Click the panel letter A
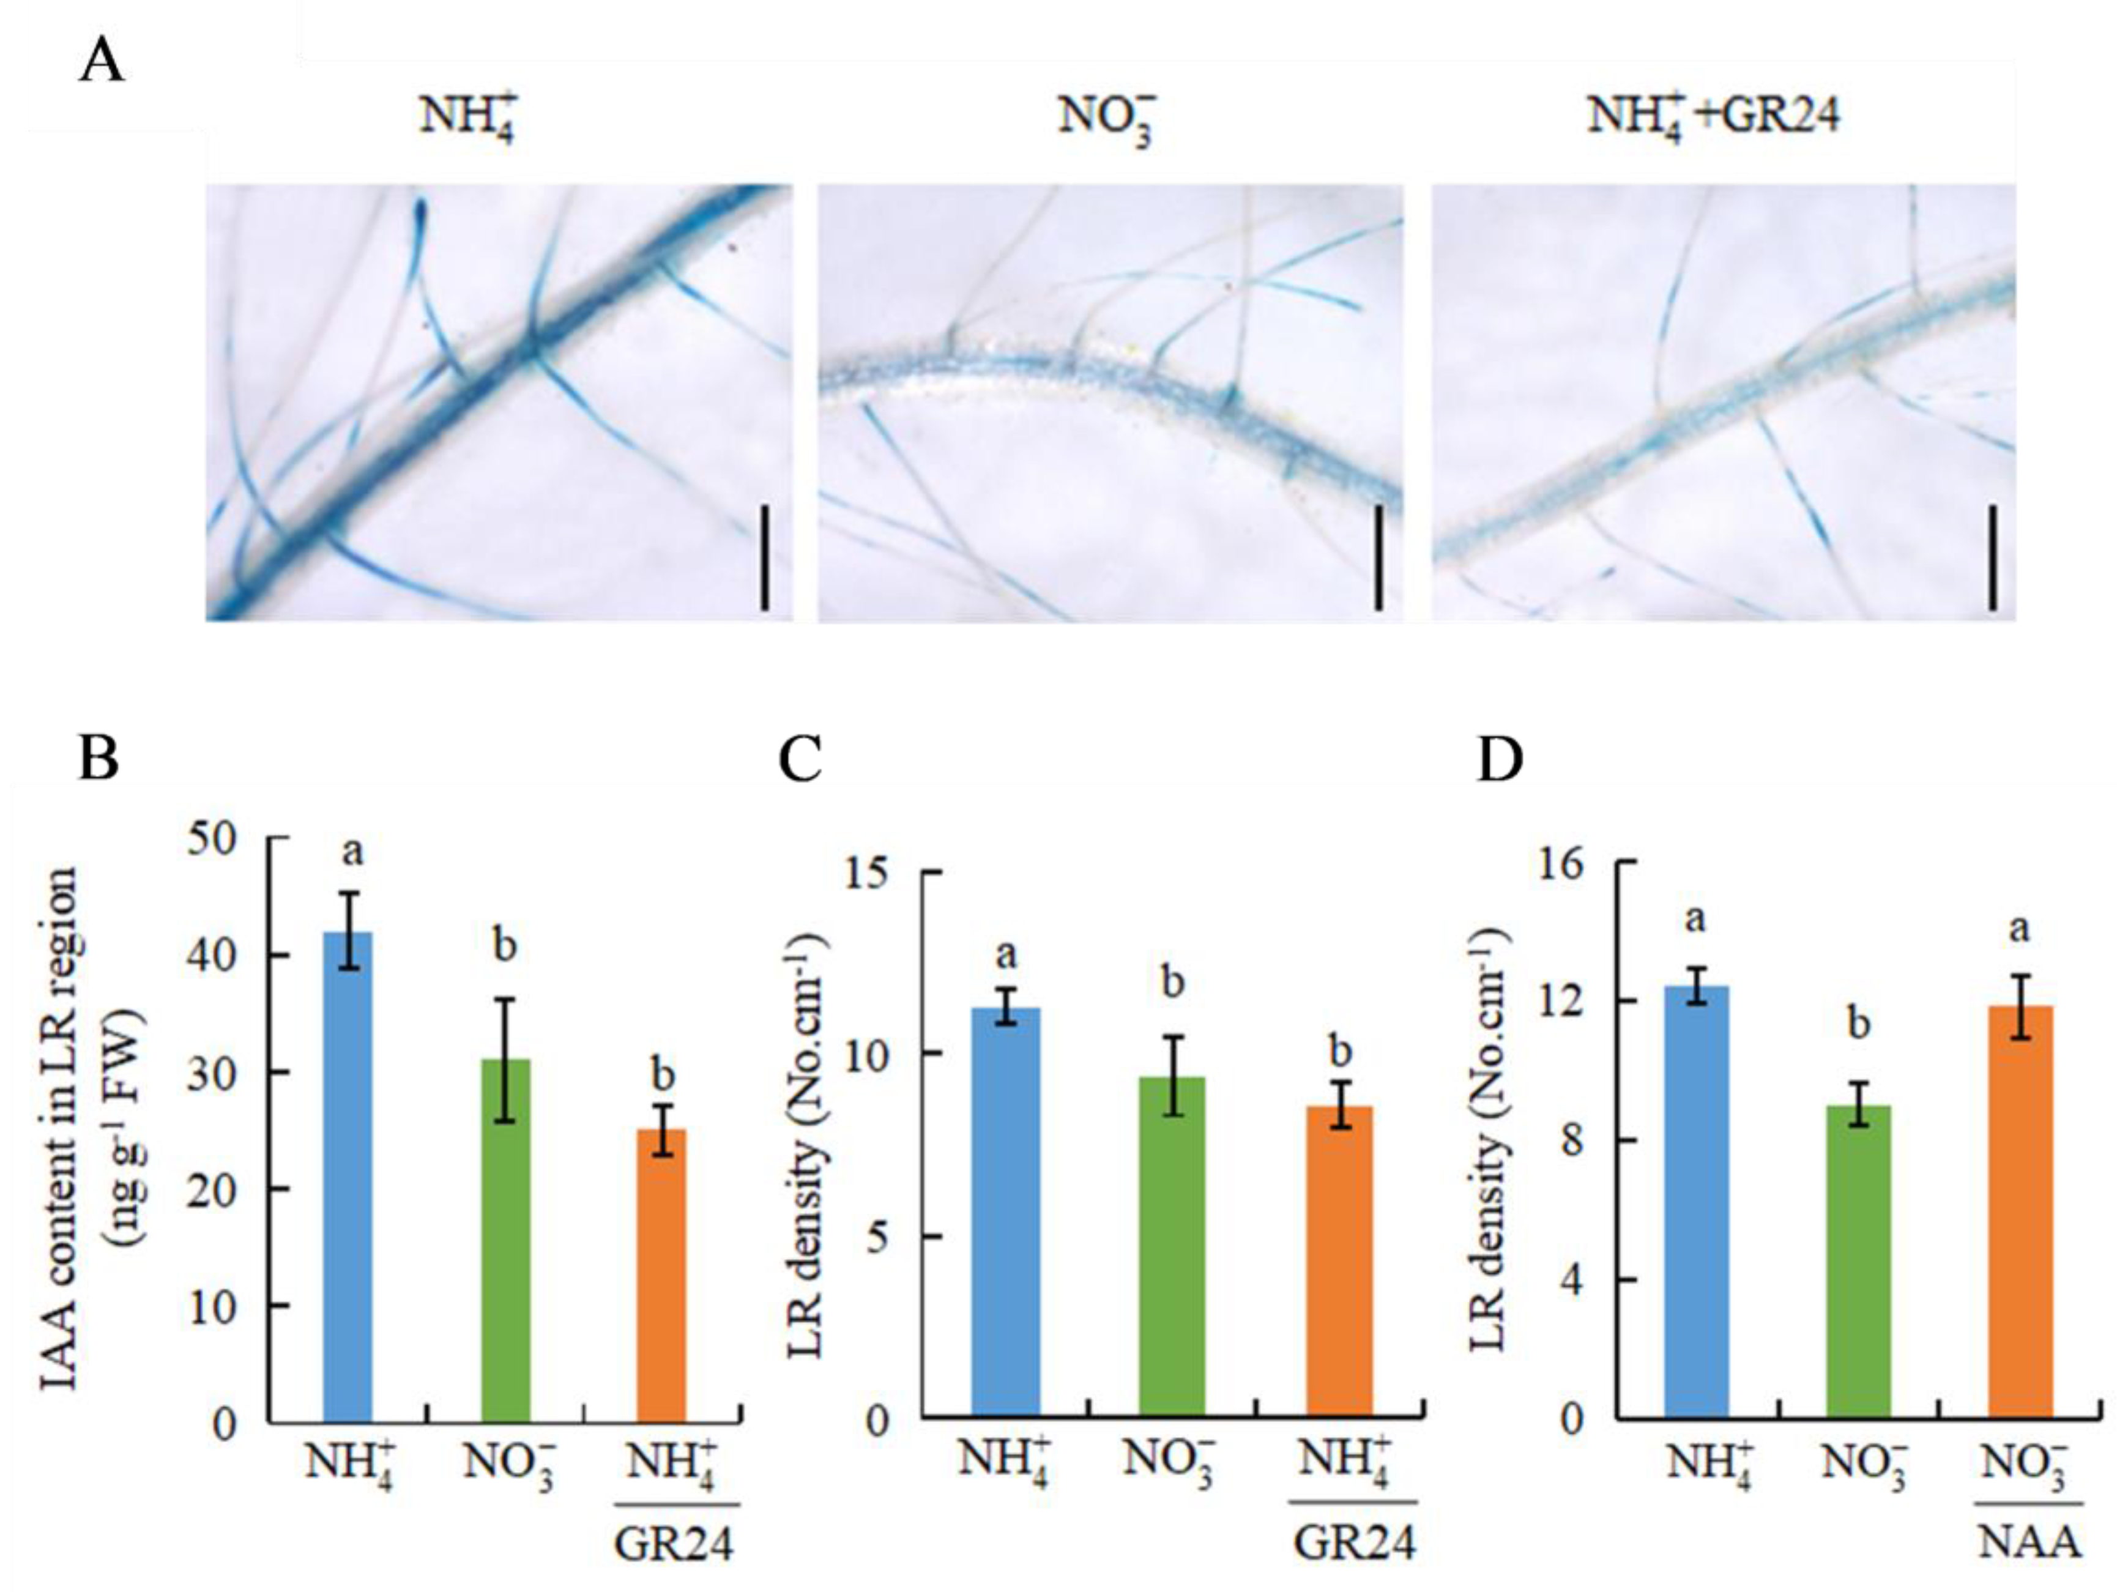click(102, 62)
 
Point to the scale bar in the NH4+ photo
click(765, 558)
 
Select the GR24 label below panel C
click(1353, 1542)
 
